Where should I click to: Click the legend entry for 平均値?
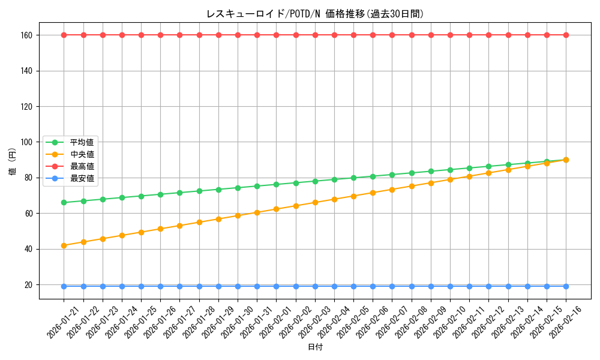[82, 142]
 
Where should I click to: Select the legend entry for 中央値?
[82, 154]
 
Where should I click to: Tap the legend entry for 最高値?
[82, 166]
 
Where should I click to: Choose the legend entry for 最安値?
[82, 178]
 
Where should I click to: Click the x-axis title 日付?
[315, 347]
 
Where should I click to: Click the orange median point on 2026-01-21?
[64, 245]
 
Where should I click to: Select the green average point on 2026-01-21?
[64, 202]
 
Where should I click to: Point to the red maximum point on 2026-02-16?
[566, 35]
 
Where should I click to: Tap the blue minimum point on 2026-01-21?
[64, 286]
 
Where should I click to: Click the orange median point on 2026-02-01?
[276, 209]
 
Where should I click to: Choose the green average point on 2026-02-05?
[353, 178]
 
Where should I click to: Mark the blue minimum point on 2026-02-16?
[566, 286]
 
